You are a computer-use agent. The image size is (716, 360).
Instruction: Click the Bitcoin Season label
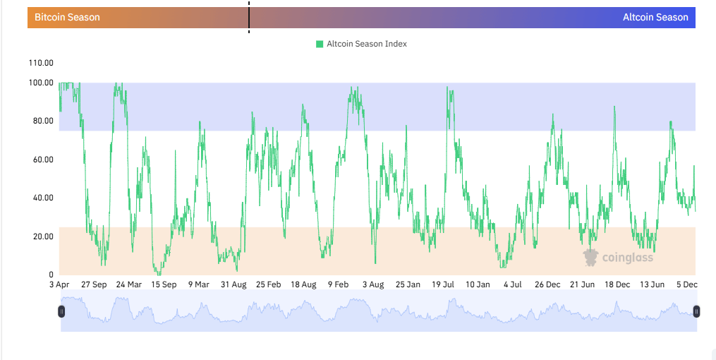[67, 17]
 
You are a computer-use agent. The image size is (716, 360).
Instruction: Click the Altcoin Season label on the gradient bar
[655, 17]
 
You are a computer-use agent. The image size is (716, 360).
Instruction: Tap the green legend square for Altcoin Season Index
[320, 44]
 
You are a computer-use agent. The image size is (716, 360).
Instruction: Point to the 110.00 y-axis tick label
[41, 63]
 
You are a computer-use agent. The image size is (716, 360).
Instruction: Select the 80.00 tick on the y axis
[41, 121]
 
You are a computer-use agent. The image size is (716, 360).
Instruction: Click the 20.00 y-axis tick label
[41, 236]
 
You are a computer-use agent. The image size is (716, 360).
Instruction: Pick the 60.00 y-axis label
[41, 160]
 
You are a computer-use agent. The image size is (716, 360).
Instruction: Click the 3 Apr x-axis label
[59, 284]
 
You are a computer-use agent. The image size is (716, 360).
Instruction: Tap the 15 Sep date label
[164, 284]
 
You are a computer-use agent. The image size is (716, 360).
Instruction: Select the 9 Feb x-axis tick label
[338, 284]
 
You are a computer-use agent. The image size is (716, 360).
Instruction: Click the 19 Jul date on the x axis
[442, 284]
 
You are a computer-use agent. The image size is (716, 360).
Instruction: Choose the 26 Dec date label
[547, 284]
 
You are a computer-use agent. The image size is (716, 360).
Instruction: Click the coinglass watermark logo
[618, 257]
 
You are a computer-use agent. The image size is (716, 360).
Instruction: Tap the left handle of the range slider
[62, 311]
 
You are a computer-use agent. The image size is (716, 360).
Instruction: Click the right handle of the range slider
[696, 311]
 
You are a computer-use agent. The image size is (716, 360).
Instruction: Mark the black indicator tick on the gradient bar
[249, 17]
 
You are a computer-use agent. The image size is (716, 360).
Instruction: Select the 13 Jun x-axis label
[652, 284]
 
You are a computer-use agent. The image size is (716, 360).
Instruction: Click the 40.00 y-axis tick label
[41, 198]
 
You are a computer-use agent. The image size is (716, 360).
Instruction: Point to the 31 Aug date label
[233, 284]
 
